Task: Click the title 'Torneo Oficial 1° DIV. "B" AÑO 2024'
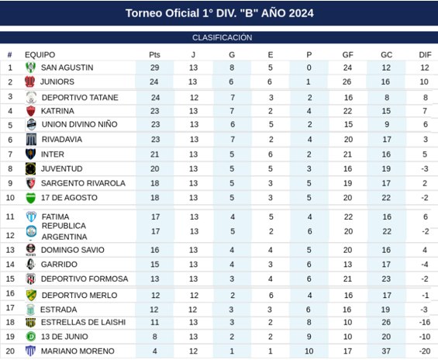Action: (x=219, y=13)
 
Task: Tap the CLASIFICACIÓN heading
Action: (x=222, y=37)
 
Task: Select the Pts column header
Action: (x=154, y=54)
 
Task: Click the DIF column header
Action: (x=425, y=54)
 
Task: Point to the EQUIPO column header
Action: (x=40, y=54)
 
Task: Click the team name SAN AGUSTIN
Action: (x=67, y=67)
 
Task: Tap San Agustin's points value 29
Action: (x=154, y=67)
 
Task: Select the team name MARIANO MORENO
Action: (x=78, y=351)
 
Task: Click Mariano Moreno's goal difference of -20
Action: (x=425, y=351)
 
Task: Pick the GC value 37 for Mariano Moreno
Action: (x=386, y=351)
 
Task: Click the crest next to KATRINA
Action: (x=31, y=111)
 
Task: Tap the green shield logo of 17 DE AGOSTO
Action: (x=31, y=198)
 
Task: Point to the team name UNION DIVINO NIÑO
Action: (x=79, y=124)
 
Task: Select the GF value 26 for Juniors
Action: (x=347, y=81)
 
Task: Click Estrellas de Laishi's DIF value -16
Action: (x=425, y=322)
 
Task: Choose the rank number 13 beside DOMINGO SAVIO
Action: (x=10, y=250)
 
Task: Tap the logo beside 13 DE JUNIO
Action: (x=31, y=337)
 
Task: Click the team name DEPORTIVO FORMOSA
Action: (x=84, y=279)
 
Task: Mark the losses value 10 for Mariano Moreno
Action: (x=309, y=351)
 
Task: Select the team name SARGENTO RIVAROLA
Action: (x=83, y=183)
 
